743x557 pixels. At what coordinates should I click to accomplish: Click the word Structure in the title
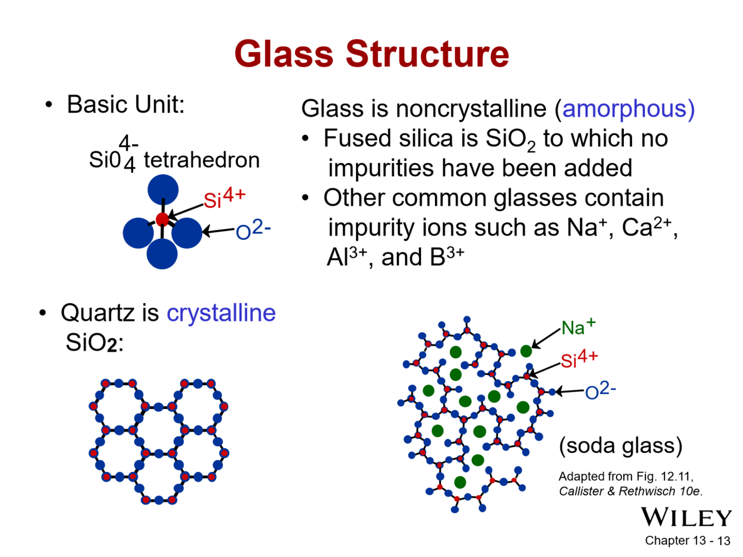(x=427, y=54)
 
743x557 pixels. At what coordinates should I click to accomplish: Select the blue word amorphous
(x=628, y=109)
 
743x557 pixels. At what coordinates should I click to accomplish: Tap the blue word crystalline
(x=221, y=313)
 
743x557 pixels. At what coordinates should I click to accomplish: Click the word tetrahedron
(x=202, y=160)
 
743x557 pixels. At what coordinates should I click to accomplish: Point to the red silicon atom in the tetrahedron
(x=162, y=219)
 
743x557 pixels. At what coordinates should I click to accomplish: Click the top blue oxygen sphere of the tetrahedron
(x=163, y=189)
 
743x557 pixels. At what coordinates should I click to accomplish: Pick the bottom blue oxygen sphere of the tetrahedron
(x=162, y=254)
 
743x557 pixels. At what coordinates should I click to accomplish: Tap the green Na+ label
(x=578, y=327)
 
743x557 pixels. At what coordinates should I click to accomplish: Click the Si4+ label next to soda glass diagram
(x=579, y=359)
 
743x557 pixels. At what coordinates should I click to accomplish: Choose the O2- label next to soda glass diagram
(x=600, y=391)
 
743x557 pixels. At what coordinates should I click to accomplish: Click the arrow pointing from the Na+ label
(x=545, y=338)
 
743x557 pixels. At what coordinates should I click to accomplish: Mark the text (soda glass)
(x=620, y=446)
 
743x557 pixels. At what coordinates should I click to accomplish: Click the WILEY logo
(x=686, y=517)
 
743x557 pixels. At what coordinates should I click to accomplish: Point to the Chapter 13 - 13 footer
(x=687, y=541)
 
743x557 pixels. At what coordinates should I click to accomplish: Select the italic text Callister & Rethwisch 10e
(x=630, y=491)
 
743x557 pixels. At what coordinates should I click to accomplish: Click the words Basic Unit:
(x=125, y=105)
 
